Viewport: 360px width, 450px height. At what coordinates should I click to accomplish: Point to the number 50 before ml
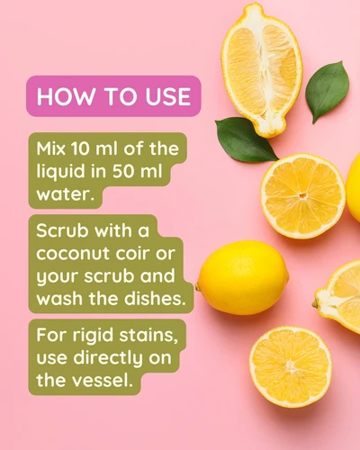(x=124, y=171)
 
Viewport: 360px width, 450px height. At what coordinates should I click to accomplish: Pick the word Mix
(x=51, y=148)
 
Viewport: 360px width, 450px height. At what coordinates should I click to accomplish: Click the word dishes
(x=155, y=298)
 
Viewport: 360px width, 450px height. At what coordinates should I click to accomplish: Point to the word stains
(x=148, y=336)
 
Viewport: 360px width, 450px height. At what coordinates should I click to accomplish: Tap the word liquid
(x=61, y=172)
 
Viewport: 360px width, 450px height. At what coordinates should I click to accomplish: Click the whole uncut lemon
(x=242, y=278)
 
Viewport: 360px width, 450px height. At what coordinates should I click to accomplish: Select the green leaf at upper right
(x=328, y=92)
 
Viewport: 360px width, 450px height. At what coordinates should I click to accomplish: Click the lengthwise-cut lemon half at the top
(x=262, y=69)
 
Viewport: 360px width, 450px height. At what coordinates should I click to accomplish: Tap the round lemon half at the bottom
(x=291, y=367)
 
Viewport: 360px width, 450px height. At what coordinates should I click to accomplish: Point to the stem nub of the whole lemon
(x=197, y=287)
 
